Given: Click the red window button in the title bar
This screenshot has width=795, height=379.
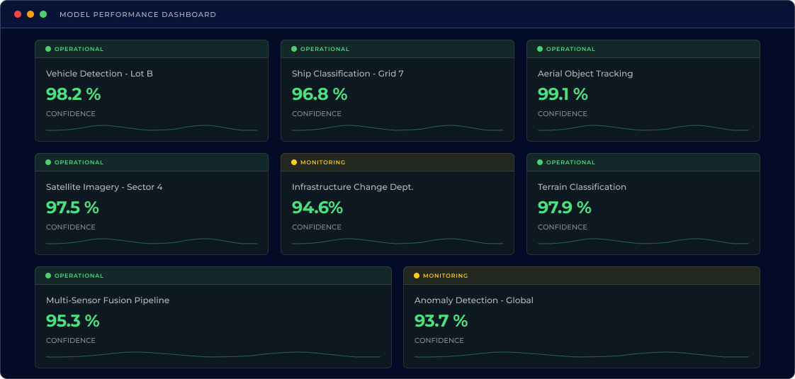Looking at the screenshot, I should pyautogui.click(x=18, y=14).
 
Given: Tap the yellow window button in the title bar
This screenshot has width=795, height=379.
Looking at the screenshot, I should pyautogui.click(x=30, y=14).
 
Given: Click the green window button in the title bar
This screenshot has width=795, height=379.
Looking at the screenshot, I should pyautogui.click(x=43, y=14).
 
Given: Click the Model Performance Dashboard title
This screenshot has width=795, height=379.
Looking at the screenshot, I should pyautogui.click(x=137, y=15).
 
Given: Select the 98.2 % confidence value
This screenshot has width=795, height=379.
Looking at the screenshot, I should pyautogui.click(x=73, y=94).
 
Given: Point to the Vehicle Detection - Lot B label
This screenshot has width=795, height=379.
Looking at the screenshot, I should pyautogui.click(x=99, y=74).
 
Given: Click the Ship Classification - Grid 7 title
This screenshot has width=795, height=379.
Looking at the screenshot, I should pyautogui.click(x=347, y=74).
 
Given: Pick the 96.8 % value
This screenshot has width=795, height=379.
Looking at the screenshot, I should pyautogui.click(x=319, y=94).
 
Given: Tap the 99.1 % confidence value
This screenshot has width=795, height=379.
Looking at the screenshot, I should pyautogui.click(x=563, y=94).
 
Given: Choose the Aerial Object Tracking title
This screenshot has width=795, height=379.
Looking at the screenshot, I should pyautogui.click(x=585, y=74).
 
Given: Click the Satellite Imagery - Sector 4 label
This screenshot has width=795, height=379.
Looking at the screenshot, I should pyautogui.click(x=104, y=187).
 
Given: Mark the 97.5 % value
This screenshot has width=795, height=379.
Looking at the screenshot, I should pyautogui.click(x=72, y=208).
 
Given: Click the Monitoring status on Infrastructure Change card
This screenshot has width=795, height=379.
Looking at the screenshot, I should pyautogui.click(x=322, y=162).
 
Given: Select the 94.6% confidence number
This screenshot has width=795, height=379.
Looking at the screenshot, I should pyautogui.click(x=317, y=208).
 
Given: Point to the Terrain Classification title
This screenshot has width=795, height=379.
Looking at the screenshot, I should pyautogui.click(x=582, y=187).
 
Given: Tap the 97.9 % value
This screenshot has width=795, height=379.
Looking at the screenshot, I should pyautogui.click(x=564, y=208).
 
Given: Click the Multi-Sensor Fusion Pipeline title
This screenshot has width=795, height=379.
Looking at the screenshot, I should pyautogui.click(x=108, y=300).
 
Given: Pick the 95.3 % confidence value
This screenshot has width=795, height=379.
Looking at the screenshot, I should pyautogui.click(x=72, y=321).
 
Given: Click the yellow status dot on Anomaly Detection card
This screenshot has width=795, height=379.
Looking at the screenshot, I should pyautogui.click(x=417, y=276).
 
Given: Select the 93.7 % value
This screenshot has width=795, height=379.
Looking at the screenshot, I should pyautogui.click(x=441, y=321).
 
